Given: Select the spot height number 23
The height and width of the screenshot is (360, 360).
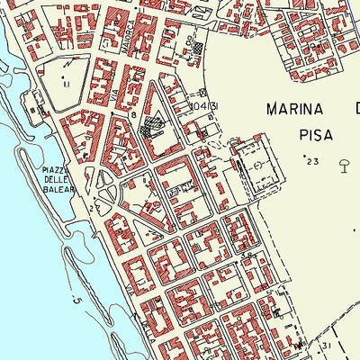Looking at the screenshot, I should pos(312,162).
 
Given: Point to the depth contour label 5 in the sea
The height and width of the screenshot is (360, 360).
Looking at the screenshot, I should pos(78,301).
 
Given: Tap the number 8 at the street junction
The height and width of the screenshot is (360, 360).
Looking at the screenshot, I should pos(133,116).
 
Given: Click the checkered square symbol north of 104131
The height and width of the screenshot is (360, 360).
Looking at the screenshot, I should pos(198,44).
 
